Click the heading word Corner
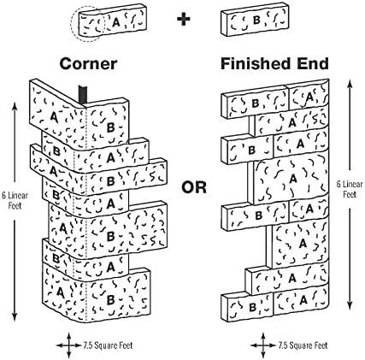point(88,64)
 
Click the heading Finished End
point(274,63)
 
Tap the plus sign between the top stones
point(184,20)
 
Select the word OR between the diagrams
point(194,187)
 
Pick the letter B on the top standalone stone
point(256,20)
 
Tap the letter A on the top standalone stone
point(115,22)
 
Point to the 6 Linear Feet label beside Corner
point(15,200)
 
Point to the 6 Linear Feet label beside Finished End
point(350,189)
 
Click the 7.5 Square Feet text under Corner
point(108,345)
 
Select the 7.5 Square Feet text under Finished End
point(303,345)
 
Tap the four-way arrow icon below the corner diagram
point(68,345)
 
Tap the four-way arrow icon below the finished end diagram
point(263,345)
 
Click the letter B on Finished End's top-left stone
point(256,103)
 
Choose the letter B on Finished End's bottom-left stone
point(252,308)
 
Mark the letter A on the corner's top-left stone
point(53,117)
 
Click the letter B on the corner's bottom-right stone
point(110,300)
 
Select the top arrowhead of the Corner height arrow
point(15,105)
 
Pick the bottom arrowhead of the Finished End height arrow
point(350,306)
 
